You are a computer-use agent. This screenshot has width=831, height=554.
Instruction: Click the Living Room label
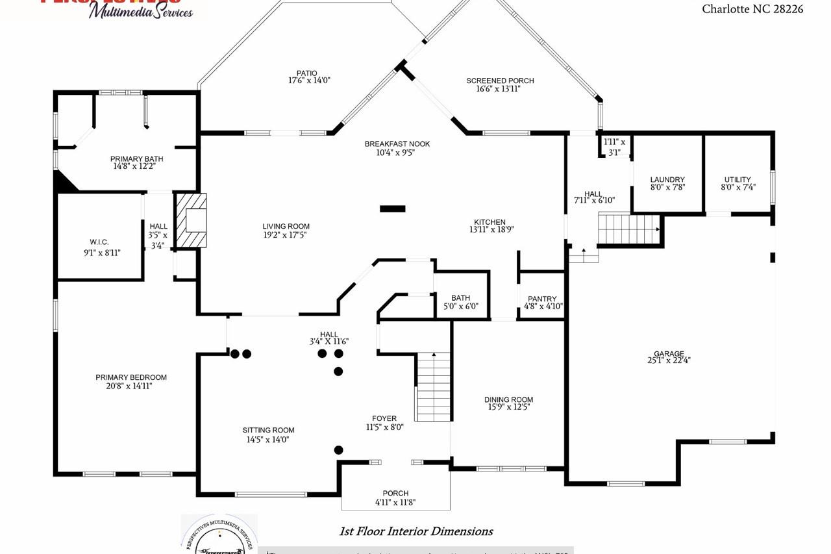point(286,227)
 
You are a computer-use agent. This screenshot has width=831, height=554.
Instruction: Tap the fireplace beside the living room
point(190,220)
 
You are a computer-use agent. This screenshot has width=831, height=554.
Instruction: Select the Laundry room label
point(667,179)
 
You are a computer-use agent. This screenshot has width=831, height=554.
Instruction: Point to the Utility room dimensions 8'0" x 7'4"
point(738,188)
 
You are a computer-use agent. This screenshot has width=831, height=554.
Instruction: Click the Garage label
point(669,354)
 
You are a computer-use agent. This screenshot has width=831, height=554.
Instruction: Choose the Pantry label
point(542,299)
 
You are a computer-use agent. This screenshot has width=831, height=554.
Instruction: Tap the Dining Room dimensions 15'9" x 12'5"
point(508,408)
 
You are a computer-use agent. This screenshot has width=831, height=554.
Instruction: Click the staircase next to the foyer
point(433,386)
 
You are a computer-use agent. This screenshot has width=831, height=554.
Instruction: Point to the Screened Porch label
point(500,81)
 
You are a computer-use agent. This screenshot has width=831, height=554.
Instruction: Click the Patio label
point(307,73)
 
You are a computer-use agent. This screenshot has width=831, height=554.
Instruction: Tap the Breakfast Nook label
point(397,144)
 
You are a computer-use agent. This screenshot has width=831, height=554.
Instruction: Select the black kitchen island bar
point(393,208)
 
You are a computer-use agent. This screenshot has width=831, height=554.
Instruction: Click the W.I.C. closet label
point(99,242)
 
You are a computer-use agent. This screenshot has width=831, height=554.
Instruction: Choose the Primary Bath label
point(136,158)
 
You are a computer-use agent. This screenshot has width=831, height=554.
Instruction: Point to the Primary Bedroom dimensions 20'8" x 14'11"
point(131,386)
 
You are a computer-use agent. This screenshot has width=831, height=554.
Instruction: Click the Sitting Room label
point(268,430)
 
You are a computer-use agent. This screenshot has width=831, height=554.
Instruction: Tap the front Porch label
point(395,493)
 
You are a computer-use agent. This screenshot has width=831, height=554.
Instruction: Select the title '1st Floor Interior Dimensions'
point(416,531)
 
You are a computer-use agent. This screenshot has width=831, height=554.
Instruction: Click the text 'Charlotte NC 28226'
point(752,9)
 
